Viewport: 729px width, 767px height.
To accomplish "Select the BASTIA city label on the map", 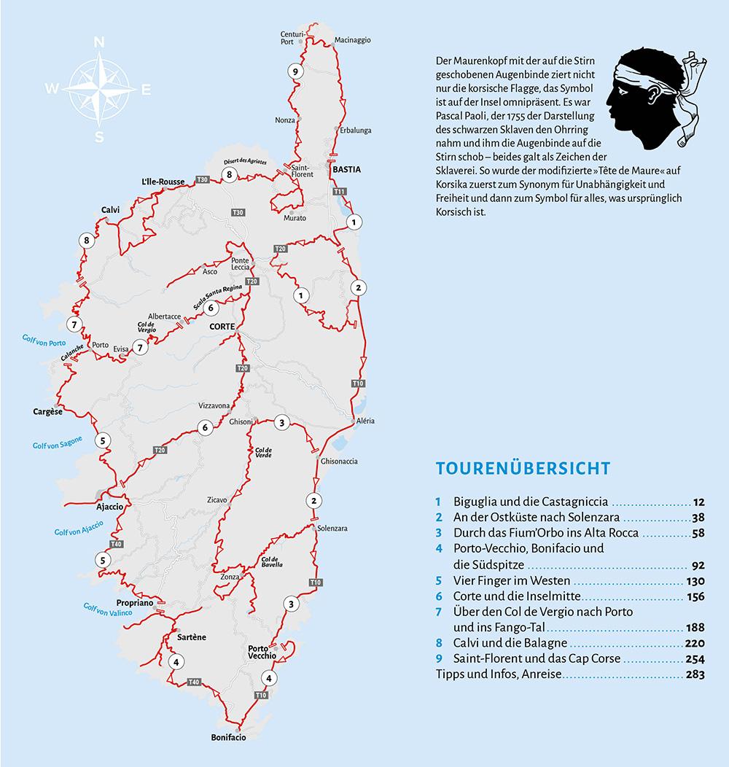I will click(346, 169).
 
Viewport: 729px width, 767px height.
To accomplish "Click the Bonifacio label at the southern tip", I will click(228, 737).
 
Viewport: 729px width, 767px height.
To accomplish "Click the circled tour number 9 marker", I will click(295, 71).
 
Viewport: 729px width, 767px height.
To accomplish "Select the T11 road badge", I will click(339, 192).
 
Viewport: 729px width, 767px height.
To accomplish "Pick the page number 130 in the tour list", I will click(695, 581).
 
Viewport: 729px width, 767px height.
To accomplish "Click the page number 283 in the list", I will click(695, 674).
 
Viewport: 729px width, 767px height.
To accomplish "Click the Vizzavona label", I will click(214, 405).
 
